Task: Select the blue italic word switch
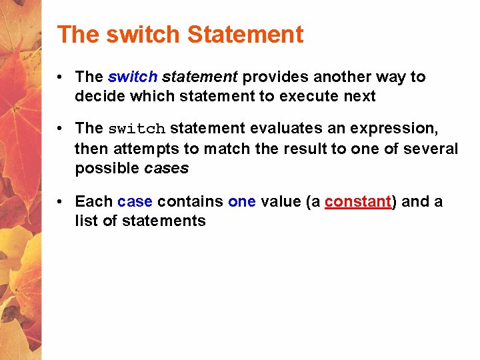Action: (132, 77)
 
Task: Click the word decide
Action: (97, 96)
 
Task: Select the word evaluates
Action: (285, 128)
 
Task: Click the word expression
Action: (395, 128)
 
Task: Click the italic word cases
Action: (166, 168)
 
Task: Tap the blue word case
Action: (135, 202)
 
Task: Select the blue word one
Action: (241, 202)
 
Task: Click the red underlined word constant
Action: (357, 202)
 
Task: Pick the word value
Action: (281, 202)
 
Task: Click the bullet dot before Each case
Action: (61, 202)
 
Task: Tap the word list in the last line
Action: (86, 221)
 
